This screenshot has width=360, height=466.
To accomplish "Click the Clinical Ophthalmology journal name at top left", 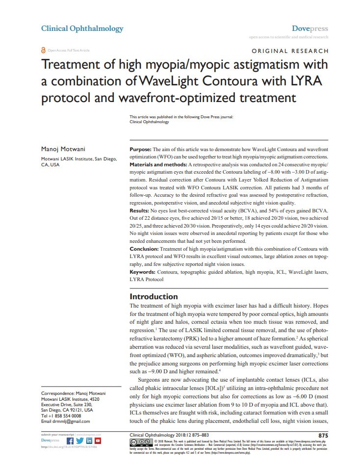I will pyautogui.click(x=82, y=28).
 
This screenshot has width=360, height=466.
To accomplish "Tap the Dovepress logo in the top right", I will pyautogui.click(x=310, y=28).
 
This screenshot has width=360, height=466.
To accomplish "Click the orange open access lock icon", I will pyautogui.click(x=44, y=51).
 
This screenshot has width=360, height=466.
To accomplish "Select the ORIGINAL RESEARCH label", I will pyautogui.click(x=289, y=51).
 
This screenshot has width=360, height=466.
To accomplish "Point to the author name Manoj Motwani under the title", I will pyautogui.click(x=61, y=149).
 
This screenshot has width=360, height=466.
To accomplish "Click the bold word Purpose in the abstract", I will pyautogui.click(x=140, y=149).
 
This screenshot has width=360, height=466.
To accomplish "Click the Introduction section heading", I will pyautogui.click(x=154, y=296).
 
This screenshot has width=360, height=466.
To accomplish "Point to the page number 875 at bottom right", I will pyautogui.click(x=323, y=435).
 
